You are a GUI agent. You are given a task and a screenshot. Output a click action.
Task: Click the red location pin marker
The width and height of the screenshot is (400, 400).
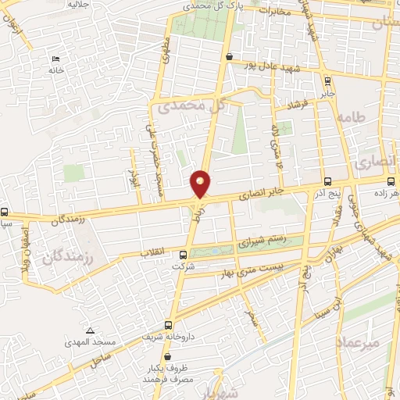click(201, 184)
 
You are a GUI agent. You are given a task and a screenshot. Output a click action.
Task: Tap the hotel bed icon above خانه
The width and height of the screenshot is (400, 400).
click(54, 59)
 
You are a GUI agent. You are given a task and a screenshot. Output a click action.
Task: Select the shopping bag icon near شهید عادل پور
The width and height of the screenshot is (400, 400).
click(228, 57)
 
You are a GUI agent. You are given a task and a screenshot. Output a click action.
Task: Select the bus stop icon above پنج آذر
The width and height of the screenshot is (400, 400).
click(327, 180)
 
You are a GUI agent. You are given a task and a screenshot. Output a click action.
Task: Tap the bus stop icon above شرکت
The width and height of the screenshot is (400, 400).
click(184, 254)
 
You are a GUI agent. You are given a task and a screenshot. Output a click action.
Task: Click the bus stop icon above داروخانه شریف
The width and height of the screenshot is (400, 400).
click(168, 325)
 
